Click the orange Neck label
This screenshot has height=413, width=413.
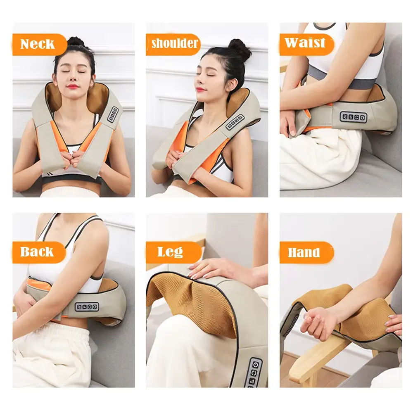[39, 45]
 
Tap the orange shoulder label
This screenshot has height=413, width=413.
[173, 44]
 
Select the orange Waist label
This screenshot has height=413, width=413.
[306, 44]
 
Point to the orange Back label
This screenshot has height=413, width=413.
[39, 252]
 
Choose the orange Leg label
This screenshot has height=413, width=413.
[173, 252]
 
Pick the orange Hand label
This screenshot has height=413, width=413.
[306, 252]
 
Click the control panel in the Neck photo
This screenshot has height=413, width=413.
[113, 114]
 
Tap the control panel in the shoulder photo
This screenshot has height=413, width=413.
[235, 122]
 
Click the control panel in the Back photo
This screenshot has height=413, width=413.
[87, 306]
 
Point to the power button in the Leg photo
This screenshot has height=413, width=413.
[255, 365]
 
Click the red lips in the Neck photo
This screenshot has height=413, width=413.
[72, 86]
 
